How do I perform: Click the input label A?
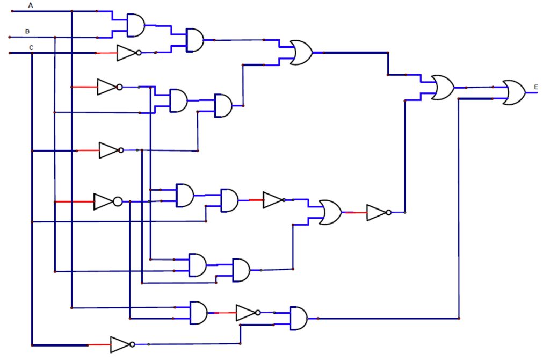31,5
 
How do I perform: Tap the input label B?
27,31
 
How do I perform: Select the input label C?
31,48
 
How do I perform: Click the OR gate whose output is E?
513,92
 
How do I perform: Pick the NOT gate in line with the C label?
128,53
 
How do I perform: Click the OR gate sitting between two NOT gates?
329,212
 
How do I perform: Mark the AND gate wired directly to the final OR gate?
298,318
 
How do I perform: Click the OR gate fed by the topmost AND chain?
300,53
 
